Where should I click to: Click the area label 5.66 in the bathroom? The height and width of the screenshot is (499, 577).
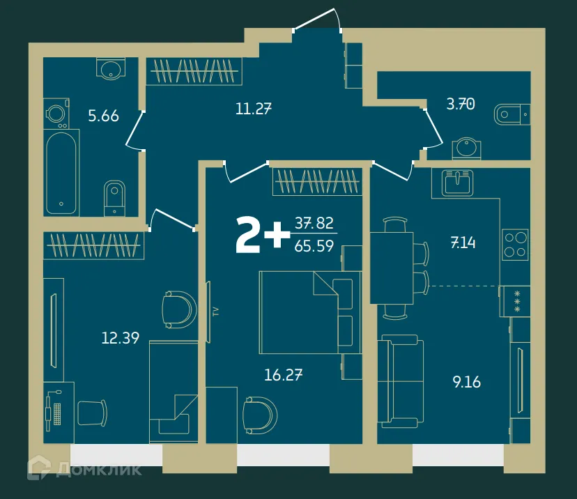click(103, 116)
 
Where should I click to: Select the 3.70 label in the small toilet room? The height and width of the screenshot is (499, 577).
click(460, 105)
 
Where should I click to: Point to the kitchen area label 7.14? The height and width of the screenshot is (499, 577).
click(464, 243)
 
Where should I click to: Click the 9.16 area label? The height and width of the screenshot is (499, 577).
click(467, 382)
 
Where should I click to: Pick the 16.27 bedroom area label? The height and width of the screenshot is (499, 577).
click(283, 375)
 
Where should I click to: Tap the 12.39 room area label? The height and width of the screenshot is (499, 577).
click(120, 339)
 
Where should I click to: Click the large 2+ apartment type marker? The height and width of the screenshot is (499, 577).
click(262, 236)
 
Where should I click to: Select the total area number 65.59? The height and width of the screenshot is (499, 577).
click(314, 245)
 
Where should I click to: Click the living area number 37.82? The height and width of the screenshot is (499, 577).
click(314, 223)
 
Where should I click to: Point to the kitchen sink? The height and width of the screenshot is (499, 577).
click(458, 183)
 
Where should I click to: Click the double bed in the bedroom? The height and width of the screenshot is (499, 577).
click(310, 312)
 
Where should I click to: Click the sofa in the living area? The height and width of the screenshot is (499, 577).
click(401, 382)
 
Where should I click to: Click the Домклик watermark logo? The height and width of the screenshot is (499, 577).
click(84, 469)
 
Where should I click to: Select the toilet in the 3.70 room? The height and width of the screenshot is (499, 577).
click(512, 114)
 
